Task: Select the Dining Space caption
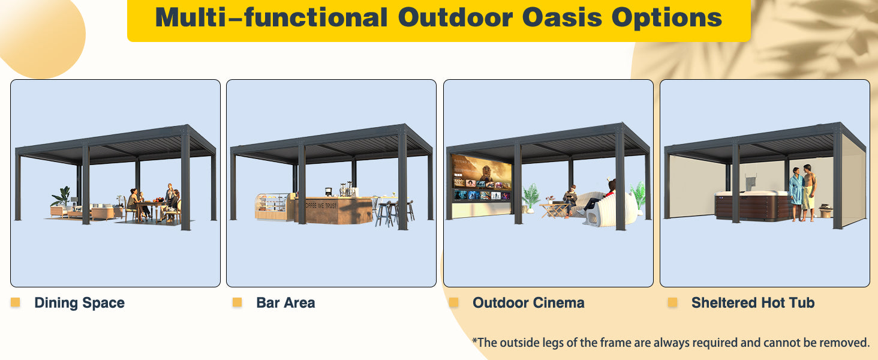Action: pos(79,303)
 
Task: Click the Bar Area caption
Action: pos(285,303)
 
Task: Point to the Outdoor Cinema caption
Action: pos(528,303)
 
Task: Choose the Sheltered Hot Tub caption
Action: pos(753,303)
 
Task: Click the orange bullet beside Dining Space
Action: pos(15,302)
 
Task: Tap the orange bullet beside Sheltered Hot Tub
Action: pos(672,302)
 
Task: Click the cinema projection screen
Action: pos(482,179)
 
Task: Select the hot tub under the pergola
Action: pos(751,205)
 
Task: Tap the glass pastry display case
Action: pos(271,206)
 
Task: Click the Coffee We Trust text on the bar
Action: pos(321,205)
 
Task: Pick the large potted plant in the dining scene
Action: pos(61,196)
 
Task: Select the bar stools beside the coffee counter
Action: pos(394,213)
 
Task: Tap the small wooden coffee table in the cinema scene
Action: pos(554,209)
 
